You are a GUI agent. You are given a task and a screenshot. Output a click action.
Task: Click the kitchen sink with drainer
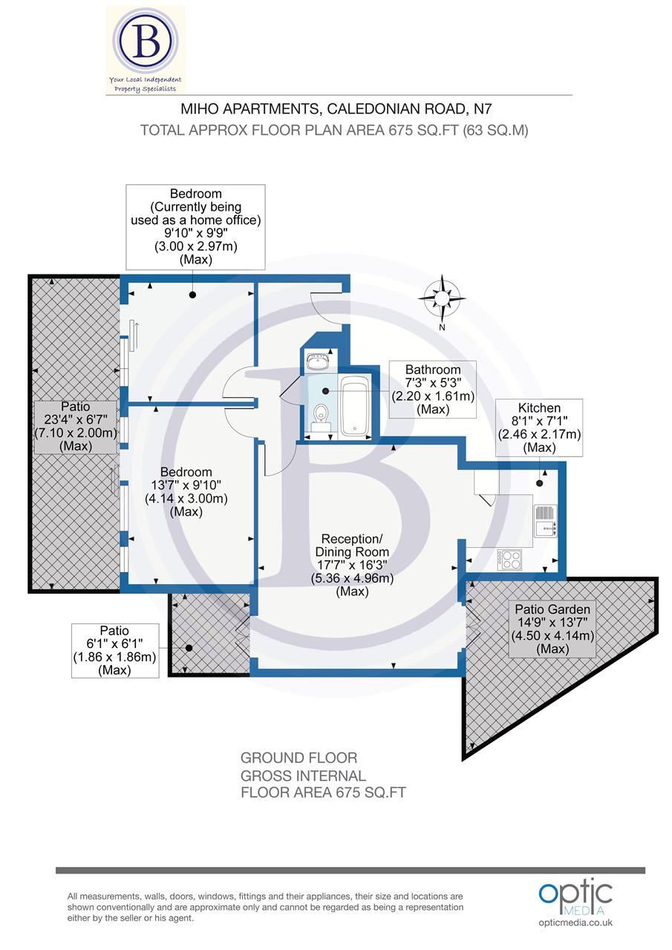(x=546, y=520)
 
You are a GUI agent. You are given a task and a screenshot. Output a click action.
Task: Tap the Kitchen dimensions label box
(x=539, y=427)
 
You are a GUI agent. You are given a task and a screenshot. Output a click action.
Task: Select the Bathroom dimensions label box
(x=433, y=389)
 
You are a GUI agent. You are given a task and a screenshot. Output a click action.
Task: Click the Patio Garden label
(x=552, y=629)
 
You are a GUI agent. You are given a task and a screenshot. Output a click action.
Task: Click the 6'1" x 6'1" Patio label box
(x=114, y=650)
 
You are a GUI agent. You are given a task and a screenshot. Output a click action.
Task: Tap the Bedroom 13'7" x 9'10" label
(x=186, y=491)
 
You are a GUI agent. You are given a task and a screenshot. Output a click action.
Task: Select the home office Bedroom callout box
(x=196, y=226)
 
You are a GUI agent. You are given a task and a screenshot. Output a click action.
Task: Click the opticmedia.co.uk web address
(x=575, y=923)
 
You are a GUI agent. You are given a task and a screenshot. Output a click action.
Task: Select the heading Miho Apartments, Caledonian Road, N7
(x=336, y=109)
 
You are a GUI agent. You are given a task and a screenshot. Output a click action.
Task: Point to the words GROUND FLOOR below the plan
(x=299, y=758)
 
